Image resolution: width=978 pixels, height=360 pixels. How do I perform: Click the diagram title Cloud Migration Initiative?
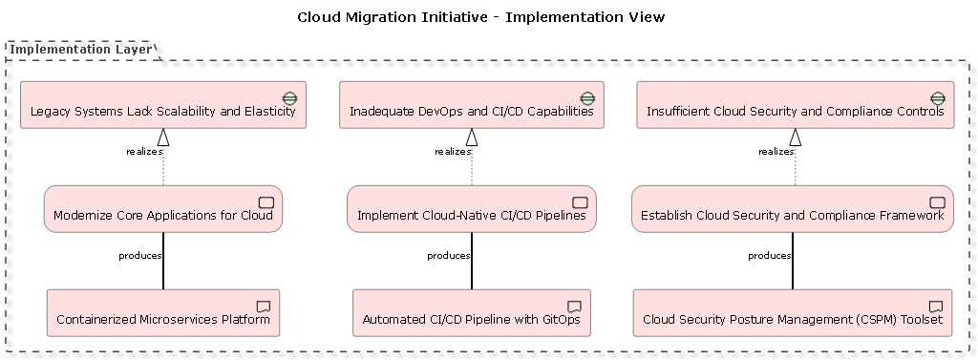tap(480, 17)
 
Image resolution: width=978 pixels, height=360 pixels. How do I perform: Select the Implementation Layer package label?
tap(80, 49)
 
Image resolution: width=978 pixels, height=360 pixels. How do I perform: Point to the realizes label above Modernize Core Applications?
tap(144, 151)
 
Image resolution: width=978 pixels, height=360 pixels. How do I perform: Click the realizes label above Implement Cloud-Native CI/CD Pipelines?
tap(453, 151)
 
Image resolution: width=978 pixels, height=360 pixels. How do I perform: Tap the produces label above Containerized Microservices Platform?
tap(139, 255)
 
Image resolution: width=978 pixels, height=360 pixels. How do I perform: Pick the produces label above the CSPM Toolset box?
tap(769, 255)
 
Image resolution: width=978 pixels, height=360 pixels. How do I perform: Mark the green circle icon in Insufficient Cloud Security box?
tap(938, 97)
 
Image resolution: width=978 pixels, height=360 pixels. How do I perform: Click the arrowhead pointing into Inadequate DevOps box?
tap(471, 138)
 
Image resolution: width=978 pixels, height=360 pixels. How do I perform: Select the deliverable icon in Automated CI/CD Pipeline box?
tap(574, 306)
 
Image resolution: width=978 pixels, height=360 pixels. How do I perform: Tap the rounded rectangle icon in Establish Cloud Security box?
tap(937, 201)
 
